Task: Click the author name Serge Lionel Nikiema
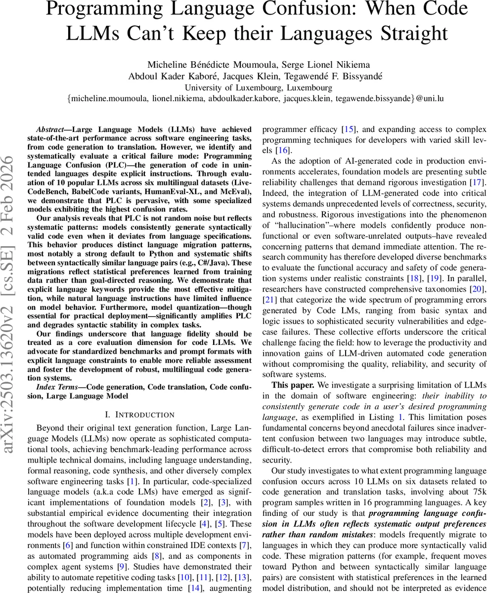pyautogui.click(x=327, y=65)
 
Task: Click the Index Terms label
pyautogui.click(x=59, y=387)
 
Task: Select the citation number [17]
pyautogui.click(x=479, y=182)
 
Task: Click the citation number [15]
pyautogui.click(x=349, y=129)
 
